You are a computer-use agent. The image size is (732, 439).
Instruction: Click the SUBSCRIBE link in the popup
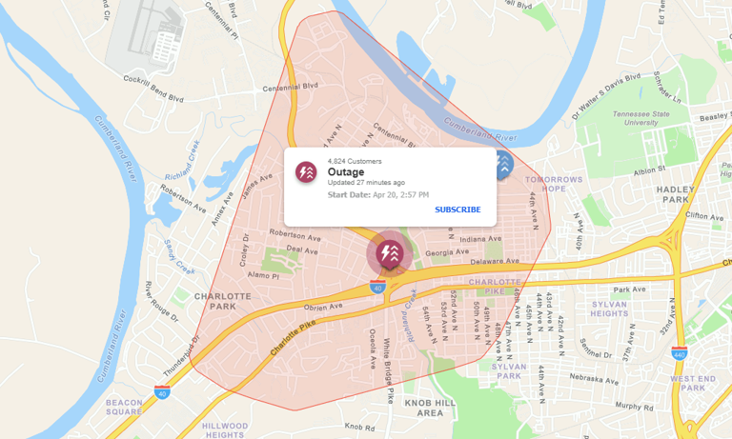457,210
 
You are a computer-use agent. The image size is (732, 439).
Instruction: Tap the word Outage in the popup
346,172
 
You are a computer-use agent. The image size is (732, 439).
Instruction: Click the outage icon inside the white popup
306,172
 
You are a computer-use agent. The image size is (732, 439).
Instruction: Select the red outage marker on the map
389,253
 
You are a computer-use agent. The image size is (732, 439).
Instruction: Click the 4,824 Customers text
352,160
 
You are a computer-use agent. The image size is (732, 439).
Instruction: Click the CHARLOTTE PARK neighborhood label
222,302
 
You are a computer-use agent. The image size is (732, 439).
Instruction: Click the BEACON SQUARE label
124,408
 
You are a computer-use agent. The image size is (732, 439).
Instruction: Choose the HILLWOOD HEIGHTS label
225,429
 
